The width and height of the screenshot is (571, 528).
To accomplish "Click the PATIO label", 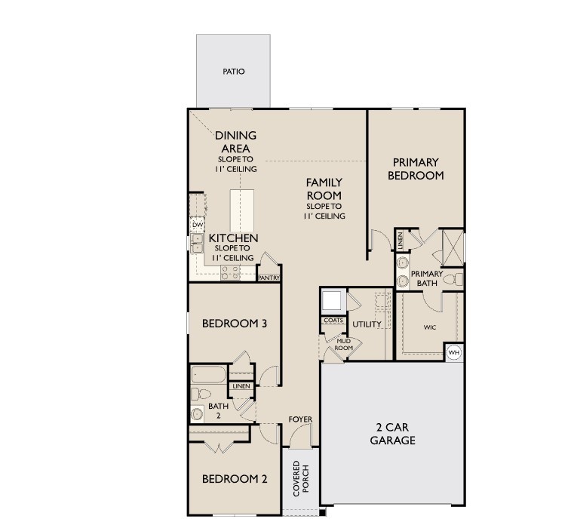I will [233, 72].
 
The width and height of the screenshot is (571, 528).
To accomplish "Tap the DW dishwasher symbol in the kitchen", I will [198, 225].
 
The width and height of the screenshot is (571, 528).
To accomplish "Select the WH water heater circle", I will [454, 352].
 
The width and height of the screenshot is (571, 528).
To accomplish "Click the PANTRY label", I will [269, 278].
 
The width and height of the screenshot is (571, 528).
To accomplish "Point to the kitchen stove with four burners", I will [230, 273].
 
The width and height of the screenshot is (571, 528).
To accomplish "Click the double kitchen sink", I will [197, 242].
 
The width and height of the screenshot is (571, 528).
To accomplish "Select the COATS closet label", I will [333, 321].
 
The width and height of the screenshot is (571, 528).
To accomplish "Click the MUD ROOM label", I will [343, 344].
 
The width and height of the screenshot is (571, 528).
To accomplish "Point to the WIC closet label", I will [430, 327].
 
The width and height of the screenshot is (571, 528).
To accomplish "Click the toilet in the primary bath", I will [453, 280].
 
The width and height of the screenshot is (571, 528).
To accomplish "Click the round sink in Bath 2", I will [198, 413].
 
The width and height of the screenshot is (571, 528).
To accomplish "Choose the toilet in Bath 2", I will [202, 394].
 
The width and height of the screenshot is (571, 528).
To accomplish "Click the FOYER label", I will [300, 419].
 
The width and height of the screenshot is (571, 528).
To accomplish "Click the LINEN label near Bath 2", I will [241, 386].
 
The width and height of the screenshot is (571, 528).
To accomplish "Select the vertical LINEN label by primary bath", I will [401, 241].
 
